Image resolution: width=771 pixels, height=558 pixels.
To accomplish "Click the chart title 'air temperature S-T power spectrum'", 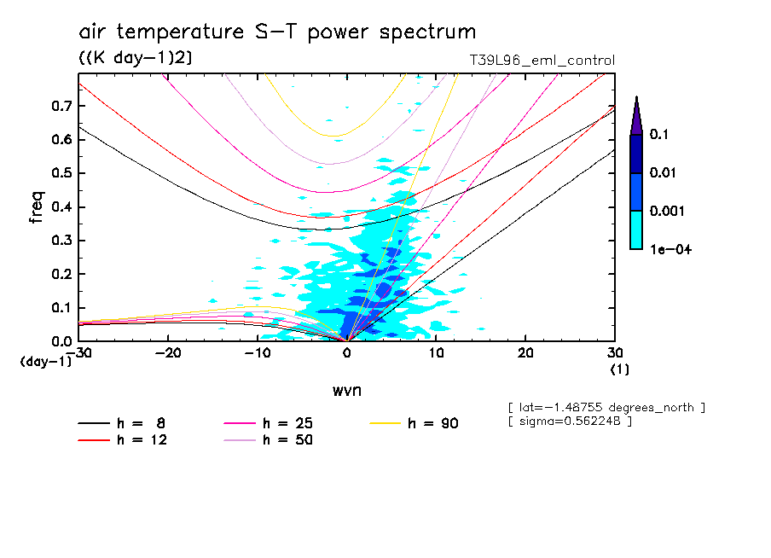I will pos(277,32).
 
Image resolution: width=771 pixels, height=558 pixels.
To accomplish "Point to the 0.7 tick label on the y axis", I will pos(61,106).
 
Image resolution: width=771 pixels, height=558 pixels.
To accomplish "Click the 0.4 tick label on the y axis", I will pos(61,207).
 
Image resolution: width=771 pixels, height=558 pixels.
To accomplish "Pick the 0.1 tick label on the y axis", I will pos(61,308).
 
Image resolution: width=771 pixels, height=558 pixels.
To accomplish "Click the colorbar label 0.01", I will pos(664,173).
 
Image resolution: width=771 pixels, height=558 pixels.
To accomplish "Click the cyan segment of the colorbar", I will pos(636,230).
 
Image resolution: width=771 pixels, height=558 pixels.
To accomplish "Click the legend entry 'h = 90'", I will pos(415,423).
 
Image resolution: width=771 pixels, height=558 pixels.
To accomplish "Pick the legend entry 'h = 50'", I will pos(268,440).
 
